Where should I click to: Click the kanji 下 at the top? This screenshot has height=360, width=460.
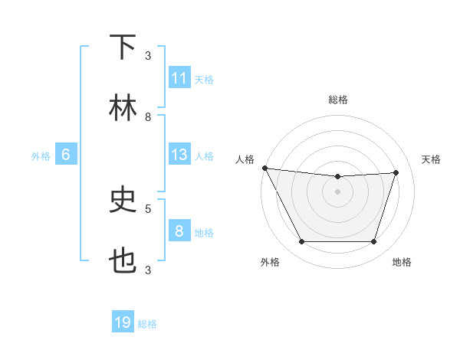pos(123,47)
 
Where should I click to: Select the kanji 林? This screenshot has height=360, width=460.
pos(123,108)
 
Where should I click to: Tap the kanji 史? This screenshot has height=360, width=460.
pos(123,201)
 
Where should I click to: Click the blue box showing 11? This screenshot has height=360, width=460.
pos(179,78)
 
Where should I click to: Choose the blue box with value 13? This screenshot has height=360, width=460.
pos(179,155)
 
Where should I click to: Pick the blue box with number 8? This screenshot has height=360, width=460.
pos(179,231)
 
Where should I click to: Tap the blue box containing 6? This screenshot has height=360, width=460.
pos(65,155)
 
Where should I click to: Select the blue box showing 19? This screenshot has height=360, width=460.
pos(123,323)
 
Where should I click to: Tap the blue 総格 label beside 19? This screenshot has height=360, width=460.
pos(147,324)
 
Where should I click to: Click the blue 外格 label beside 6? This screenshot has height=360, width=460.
pos(41,155)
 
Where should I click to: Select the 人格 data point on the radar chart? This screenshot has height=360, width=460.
pos(264,168)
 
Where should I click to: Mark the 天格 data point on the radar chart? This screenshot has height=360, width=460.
pos(396,172)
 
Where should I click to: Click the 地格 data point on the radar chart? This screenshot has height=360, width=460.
pos(374,242)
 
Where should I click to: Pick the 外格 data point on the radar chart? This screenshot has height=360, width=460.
pos(301,242)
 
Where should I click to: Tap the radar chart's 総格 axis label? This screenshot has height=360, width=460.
pos(337,100)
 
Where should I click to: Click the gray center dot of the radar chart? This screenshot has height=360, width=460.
pos(337,191)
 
